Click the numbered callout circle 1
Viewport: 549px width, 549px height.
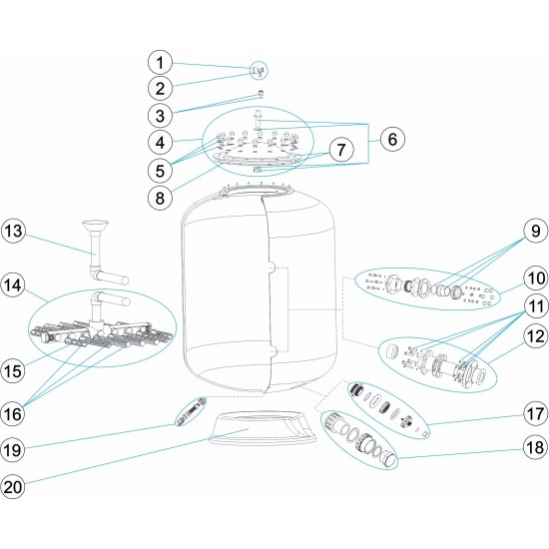click(x=160, y=63)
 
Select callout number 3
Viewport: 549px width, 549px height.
click(x=160, y=115)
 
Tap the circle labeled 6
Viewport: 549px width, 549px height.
click(x=392, y=139)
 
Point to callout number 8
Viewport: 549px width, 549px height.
click(x=160, y=199)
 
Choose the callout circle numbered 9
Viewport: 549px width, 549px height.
click(x=536, y=232)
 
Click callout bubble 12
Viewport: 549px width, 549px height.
click(x=536, y=336)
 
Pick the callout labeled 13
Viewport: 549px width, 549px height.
click(x=13, y=232)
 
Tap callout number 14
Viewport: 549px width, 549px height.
click(x=13, y=285)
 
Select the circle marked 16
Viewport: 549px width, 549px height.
click(x=13, y=414)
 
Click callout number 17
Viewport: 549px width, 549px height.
click(x=536, y=414)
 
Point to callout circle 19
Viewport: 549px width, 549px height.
click(x=13, y=450)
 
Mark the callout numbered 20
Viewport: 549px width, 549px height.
click(x=13, y=487)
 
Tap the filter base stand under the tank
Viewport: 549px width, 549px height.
click(x=263, y=428)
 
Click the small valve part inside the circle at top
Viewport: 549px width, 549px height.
click(x=259, y=71)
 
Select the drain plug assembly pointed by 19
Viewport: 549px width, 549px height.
click(x=191, y=411)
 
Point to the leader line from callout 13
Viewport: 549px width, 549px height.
click(x=59, y=245)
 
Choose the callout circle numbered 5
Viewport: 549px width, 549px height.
click(x=160, y=171)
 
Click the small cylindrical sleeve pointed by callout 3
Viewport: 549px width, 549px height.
click(x=261, y=94)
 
